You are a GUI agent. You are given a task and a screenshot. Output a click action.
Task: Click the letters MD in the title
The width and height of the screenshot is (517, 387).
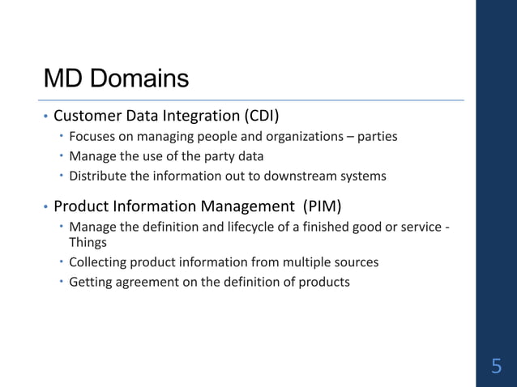click(x=65, y=80)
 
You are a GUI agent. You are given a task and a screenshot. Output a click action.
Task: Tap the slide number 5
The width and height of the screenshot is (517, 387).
click(x=496, y=367)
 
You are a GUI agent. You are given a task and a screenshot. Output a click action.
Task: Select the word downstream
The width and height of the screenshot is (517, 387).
click(x=304, y=176)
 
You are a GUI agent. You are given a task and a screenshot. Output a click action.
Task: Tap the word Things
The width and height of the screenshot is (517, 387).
click(x=88, y=241)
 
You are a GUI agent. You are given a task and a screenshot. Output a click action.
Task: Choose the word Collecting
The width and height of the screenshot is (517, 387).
click(x=99, y=262)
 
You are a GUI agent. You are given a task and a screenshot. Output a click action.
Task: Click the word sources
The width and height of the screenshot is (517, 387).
click(x=356, y=262)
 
